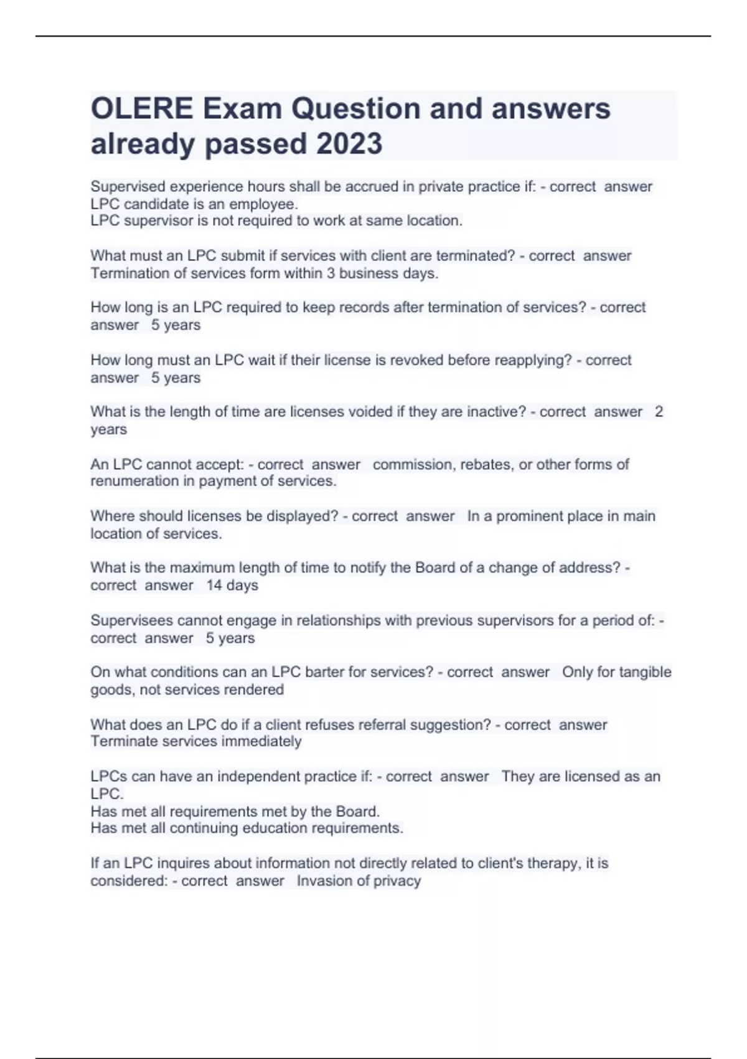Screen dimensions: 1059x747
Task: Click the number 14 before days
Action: click(x=214, y=586)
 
